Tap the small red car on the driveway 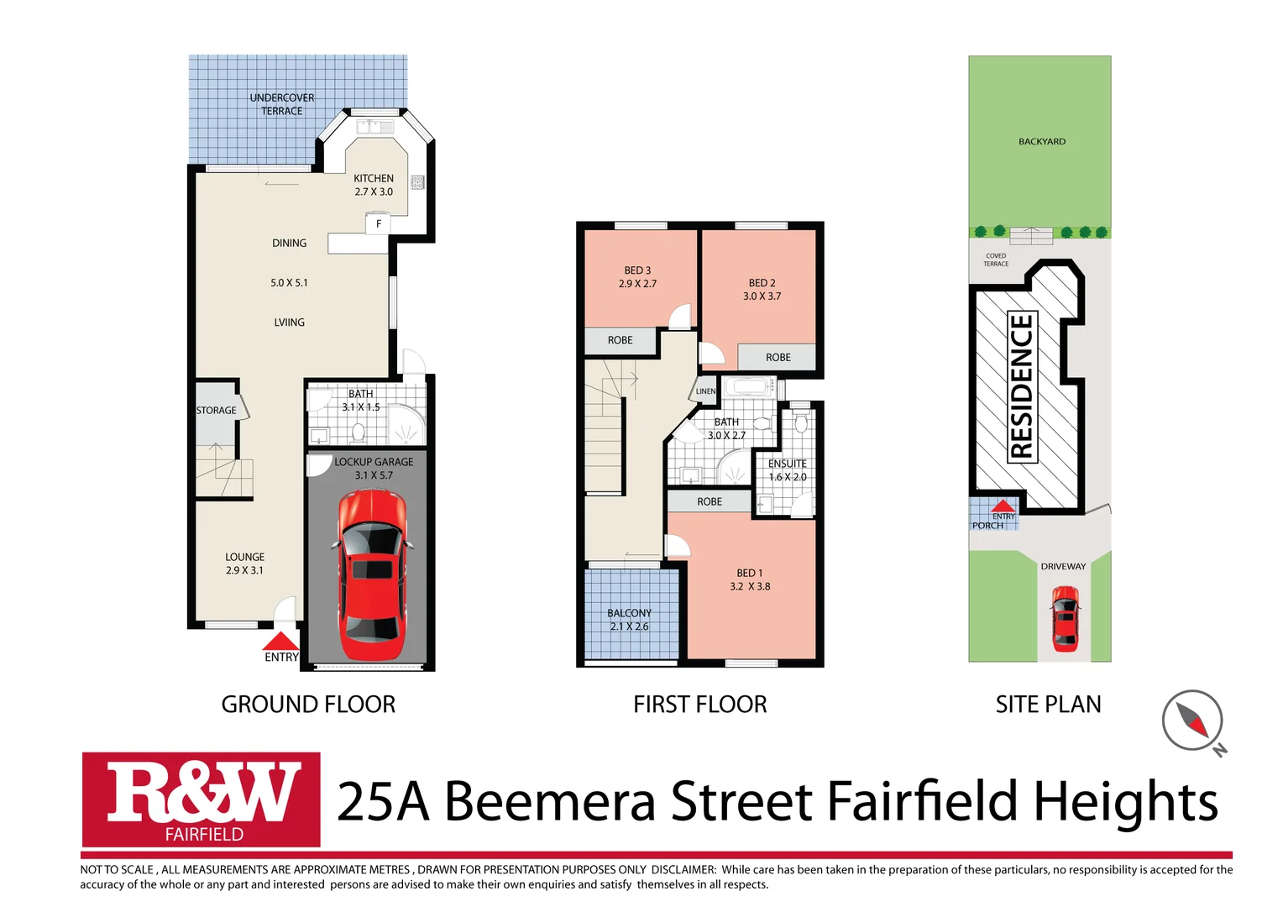pos(1065,619)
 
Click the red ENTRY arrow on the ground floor pos(280,642)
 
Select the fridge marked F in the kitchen pos(378,223)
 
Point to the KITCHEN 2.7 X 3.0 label pos(373,185)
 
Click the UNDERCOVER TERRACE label pos(281,104)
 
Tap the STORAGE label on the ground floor pos(216,411)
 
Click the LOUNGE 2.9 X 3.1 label pos(244,564)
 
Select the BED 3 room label pos(637,277)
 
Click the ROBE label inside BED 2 pos(778,358)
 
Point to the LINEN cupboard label pos(705,391)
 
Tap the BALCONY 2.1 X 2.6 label pos(629,620)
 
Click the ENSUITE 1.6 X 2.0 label pos(787,470)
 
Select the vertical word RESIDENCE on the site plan pos(1022,386)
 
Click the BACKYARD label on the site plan pos(1041,142)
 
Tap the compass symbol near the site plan pos(1192,721)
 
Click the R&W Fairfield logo pos(202,800)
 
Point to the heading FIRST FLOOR pos(699,705)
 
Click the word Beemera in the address pos(549,801)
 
